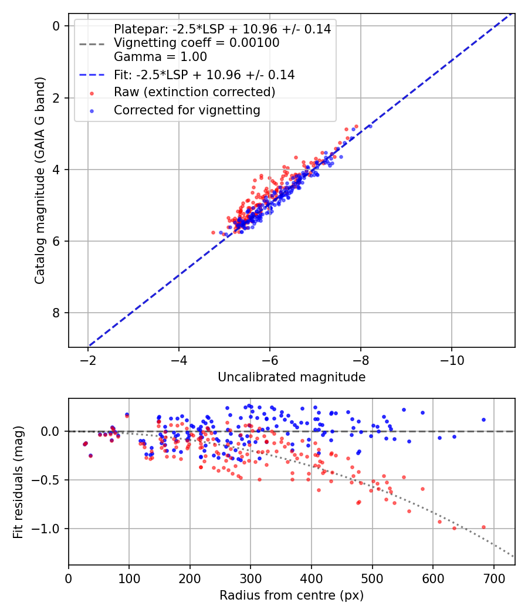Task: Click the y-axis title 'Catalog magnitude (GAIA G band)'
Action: (x=40, y=180)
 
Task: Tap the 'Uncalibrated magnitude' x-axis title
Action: (x=292, y=377)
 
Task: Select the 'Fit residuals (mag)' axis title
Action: (x=18, y=482)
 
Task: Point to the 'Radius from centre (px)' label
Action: (x=292, y=595)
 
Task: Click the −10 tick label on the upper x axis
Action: (x=451, y=361)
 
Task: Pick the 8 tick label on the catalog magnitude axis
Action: (x=56, y=313)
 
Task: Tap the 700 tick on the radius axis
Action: (x=494, y=578)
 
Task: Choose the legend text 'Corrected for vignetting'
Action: (x=187, y=110)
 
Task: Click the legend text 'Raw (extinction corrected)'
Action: (x=194, y=92)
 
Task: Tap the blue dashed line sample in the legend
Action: (x=92, y=75)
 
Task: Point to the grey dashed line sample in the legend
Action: (x=92, y=44)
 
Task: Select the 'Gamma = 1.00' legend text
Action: (x=160, y=57)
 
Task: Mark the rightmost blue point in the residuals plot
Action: (x=483, y=420)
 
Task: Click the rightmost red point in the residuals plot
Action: (x=483, y=527)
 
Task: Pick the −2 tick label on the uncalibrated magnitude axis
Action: (x=87, y=361)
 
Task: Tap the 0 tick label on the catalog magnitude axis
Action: (x=56, y=26)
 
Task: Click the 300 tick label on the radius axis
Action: (x=251, y=578)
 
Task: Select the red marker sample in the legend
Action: (x=92, y=93)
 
